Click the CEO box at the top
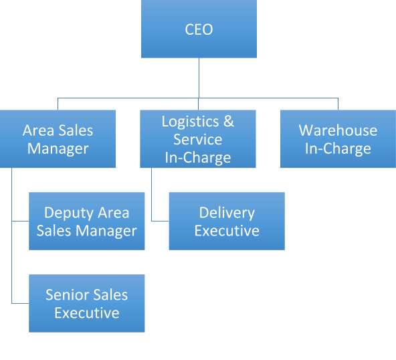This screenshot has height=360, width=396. coord(199,29)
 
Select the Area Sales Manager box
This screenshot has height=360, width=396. coord(58,139)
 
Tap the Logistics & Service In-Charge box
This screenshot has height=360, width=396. coord(198,139)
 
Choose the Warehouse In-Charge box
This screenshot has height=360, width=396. coord(338,139)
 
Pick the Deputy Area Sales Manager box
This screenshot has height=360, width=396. coord(87,221)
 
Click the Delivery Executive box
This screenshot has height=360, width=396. coord(227,221)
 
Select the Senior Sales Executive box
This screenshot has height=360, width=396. coord(87,303)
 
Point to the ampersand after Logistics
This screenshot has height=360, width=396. coord(229,121)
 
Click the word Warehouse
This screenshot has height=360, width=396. coord(338,130)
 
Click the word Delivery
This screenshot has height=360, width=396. coord(227,213)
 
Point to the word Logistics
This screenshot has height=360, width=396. coord(190,122)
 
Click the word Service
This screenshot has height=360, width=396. coord(198,139)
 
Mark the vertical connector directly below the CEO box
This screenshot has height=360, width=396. coord(199,78)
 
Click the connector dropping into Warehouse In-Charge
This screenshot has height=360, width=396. coord(338,104)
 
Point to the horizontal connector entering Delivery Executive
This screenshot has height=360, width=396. coord(160,221)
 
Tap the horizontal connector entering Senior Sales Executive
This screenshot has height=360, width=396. coord(20,303)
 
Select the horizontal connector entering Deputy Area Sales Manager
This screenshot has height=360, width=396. coord(20,221)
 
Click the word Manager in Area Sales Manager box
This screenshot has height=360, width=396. coord(58,149)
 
